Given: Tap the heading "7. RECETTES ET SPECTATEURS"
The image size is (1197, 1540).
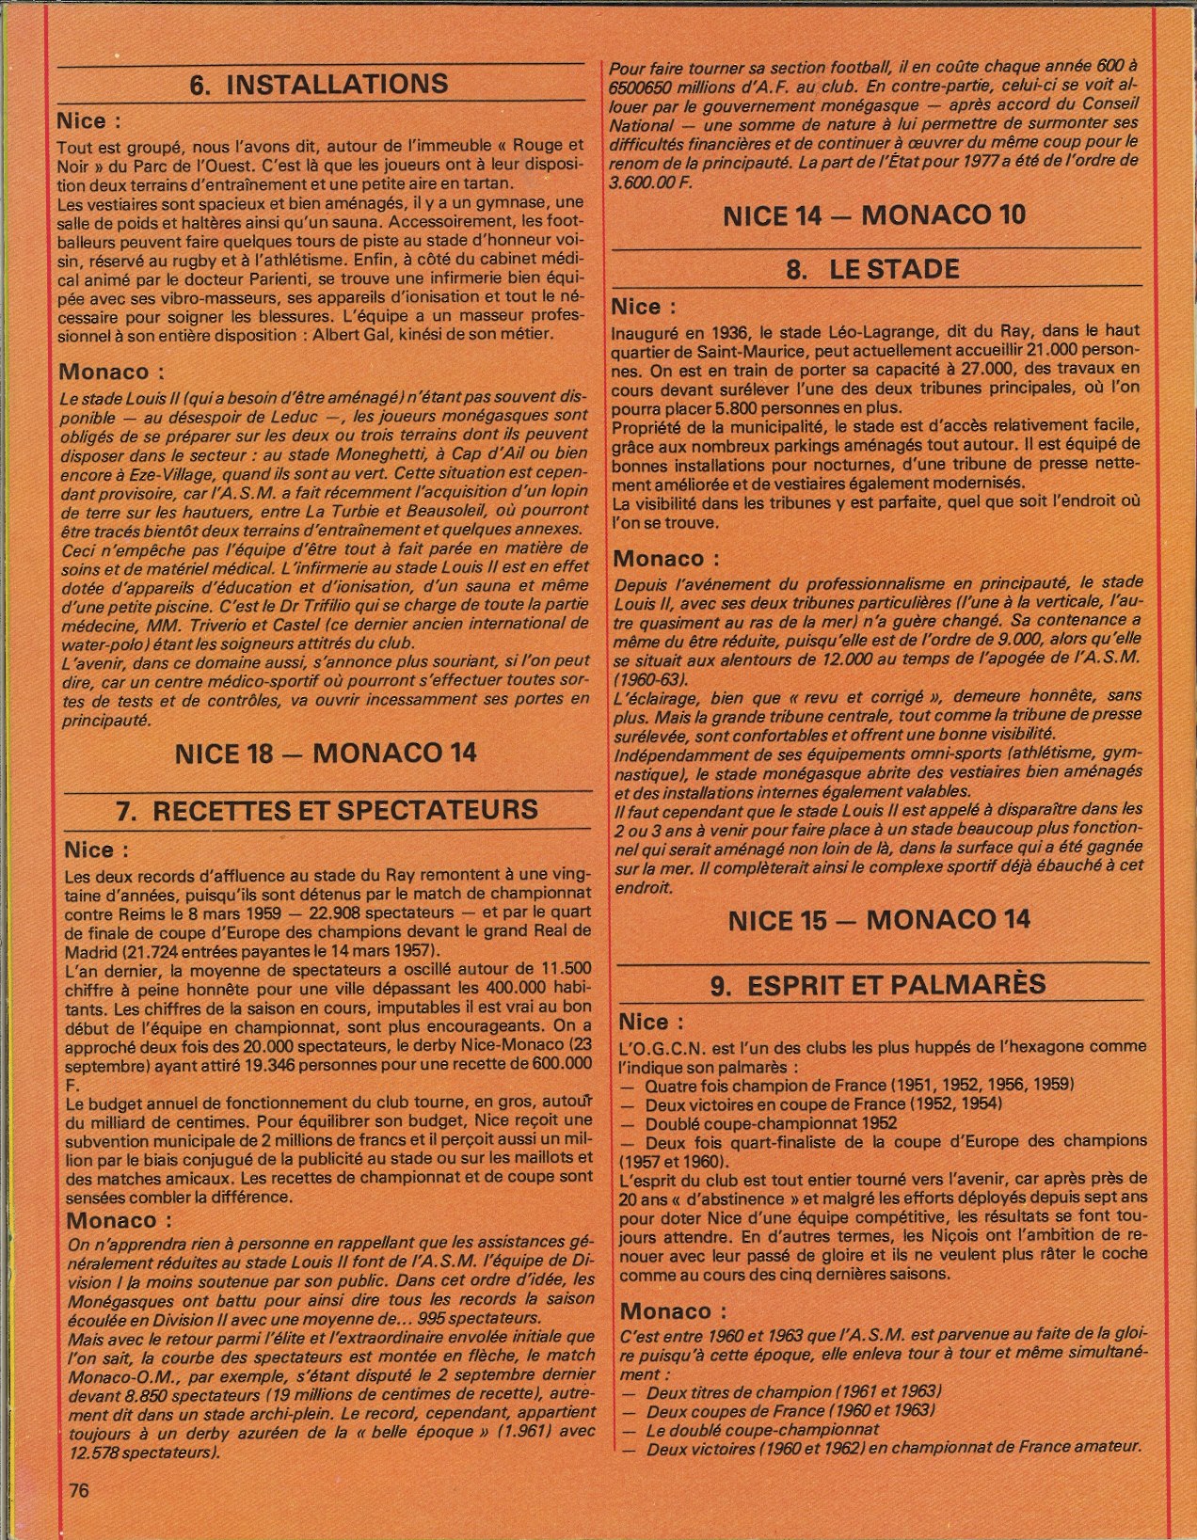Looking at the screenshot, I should coord(327,811).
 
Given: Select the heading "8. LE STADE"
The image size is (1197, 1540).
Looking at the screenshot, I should coord(872,270).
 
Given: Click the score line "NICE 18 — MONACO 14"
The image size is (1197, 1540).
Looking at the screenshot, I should coord(326,754).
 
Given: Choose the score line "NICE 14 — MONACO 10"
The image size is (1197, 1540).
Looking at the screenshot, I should coord(874,215).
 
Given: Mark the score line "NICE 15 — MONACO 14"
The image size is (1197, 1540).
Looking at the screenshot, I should coord(879,920).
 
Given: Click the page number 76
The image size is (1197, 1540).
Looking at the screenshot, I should coord(79,1491).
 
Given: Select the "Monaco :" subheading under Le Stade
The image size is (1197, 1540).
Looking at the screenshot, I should coord(665,559).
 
